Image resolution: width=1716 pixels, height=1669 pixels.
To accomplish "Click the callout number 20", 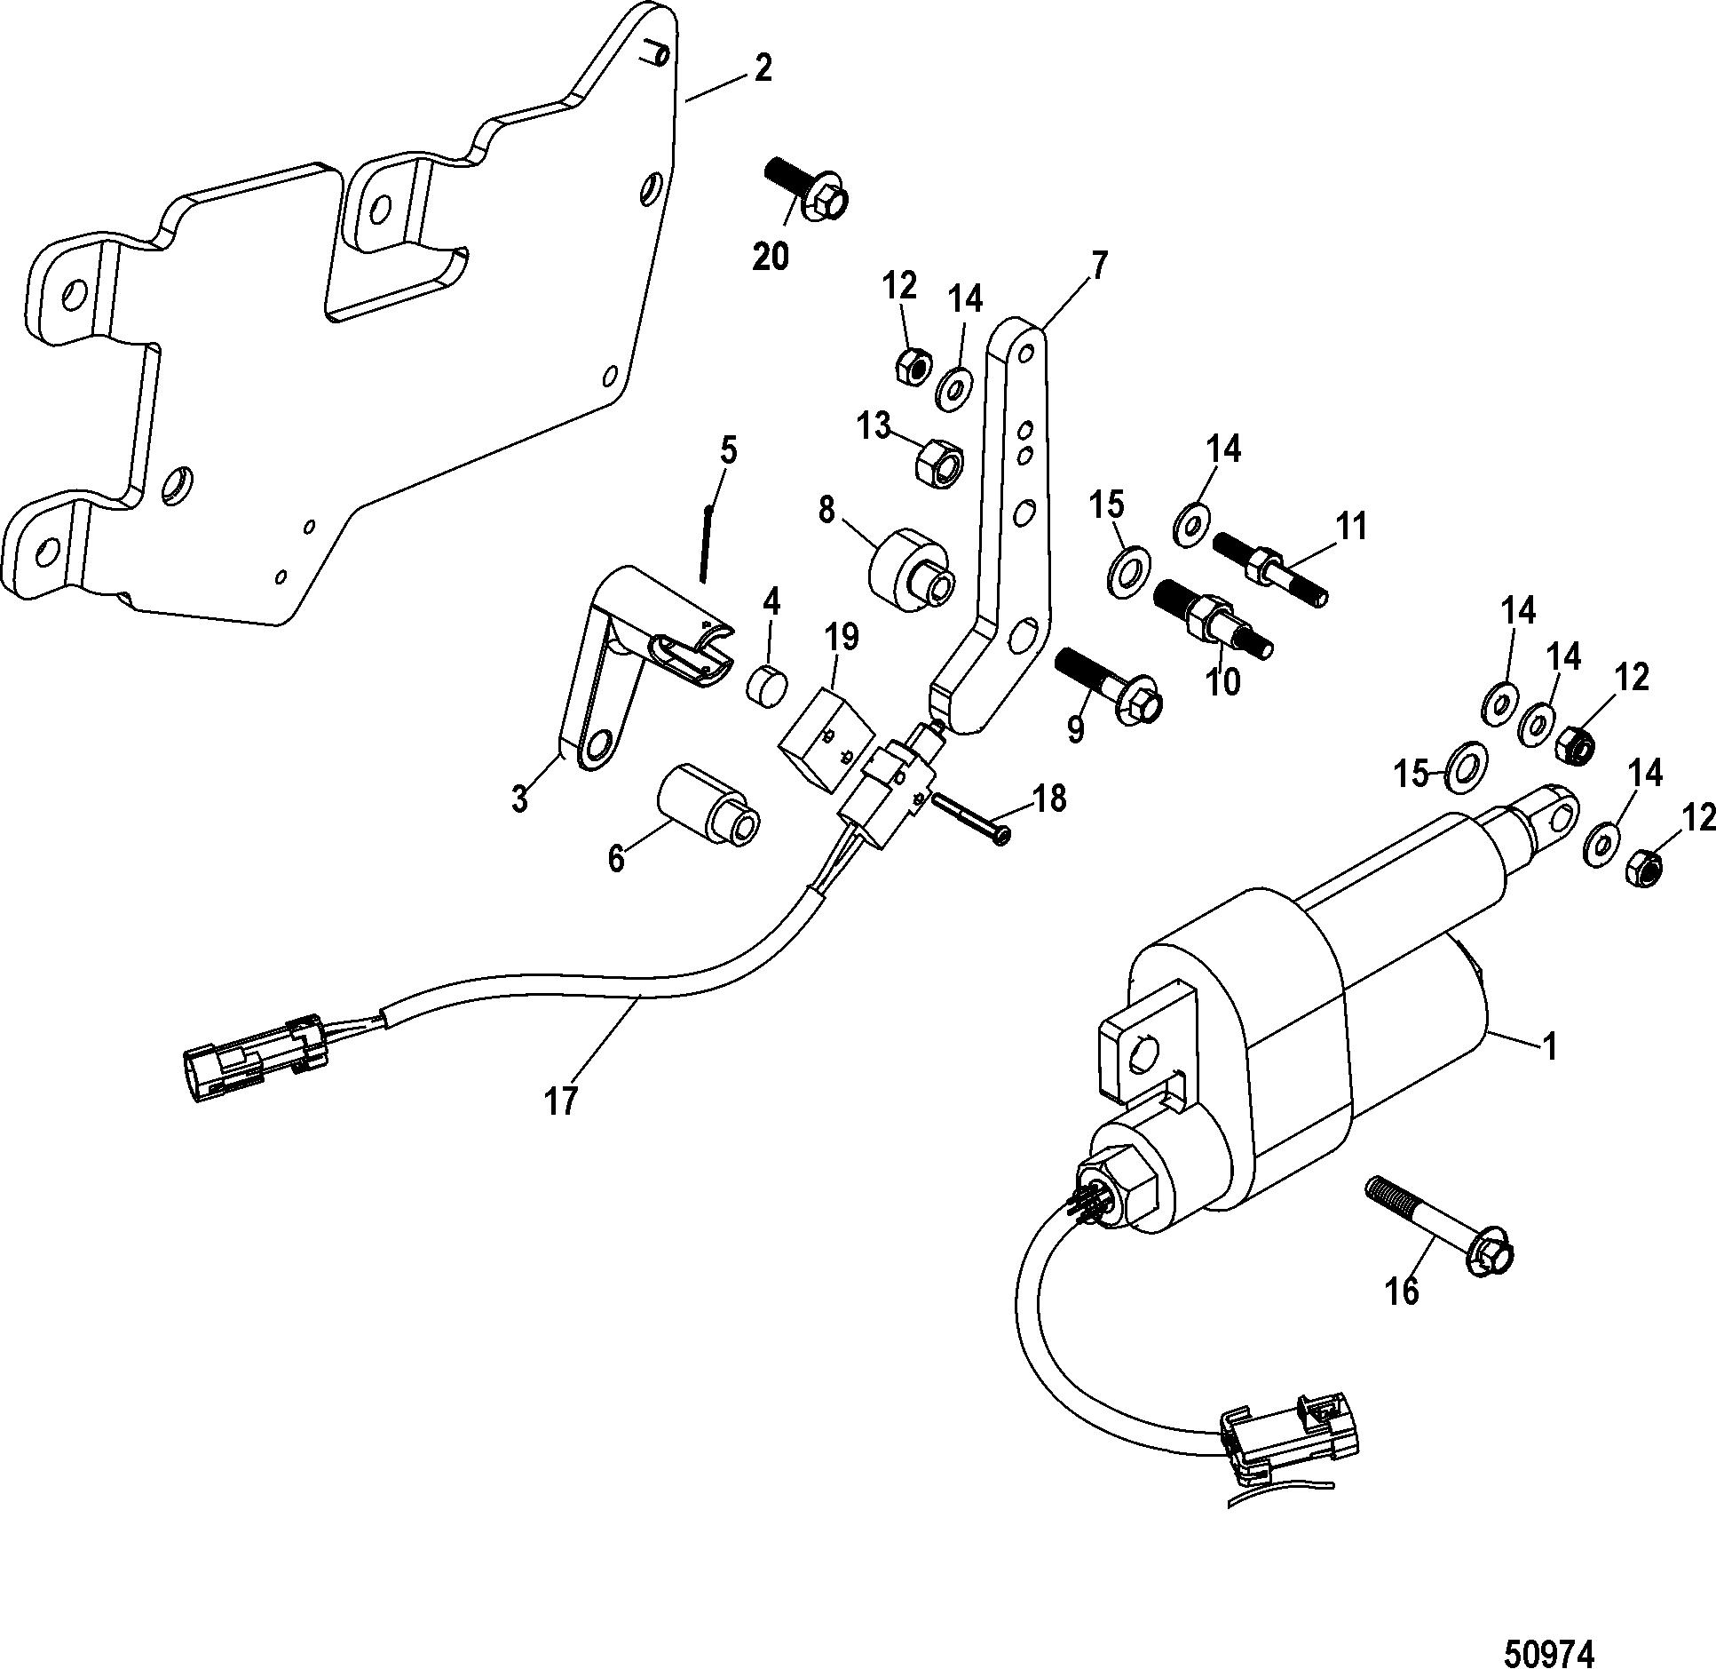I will pos(770,257).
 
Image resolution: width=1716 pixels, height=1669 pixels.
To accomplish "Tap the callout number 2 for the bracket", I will pos(762,68).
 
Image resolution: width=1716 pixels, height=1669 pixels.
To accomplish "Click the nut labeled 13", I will pos(940,459).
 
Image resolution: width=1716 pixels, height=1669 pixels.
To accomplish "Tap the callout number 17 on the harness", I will pos(562,1100).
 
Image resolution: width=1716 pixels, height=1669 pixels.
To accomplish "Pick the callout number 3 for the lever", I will pos(519,797).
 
